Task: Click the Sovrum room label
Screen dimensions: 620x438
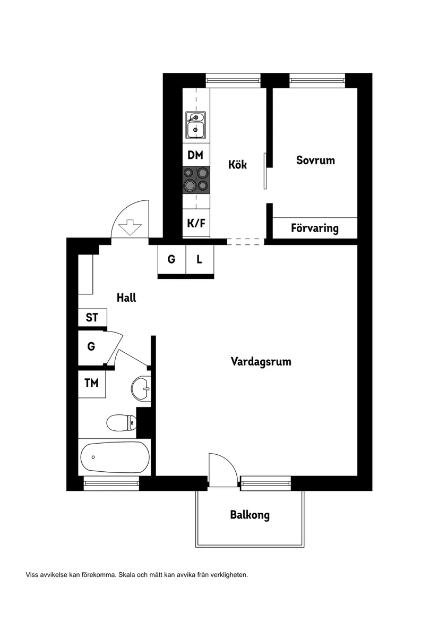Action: coord(315,160)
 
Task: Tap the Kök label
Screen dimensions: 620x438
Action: coord(237,164)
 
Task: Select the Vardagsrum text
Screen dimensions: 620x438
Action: coord(261,362)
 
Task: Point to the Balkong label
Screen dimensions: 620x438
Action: coord(250,515)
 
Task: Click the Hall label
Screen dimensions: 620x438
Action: coord(126,298)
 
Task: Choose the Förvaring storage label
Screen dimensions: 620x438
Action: coord(314,228)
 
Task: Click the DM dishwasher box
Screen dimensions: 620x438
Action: coord(195,155)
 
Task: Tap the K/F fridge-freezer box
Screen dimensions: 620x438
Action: coord(195,223)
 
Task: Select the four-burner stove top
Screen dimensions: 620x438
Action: coord(196,179)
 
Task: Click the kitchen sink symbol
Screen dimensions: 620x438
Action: coord(195,125)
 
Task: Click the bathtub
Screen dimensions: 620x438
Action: coord(114,457)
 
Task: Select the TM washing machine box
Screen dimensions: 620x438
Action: coord(91,383)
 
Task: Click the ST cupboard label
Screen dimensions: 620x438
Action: coord(92,318)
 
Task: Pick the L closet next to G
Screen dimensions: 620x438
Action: coord(200,259)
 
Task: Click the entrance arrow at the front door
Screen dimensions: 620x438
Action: coord(129,227)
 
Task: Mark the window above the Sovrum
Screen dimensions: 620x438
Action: coord(317,81)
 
